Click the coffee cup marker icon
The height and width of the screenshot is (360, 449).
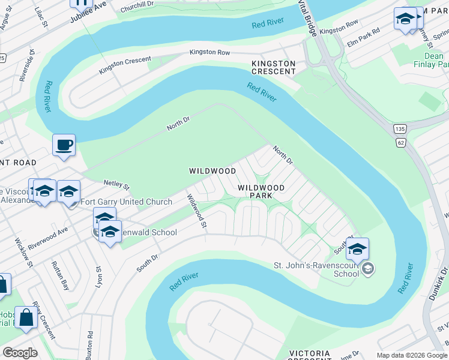pyautogui.click(x=64, y=145)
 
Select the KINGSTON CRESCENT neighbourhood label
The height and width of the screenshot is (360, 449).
pyautogui.click(x=274, y=67)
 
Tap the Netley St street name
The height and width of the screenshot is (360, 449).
pyautogui.click(x=116, y=183)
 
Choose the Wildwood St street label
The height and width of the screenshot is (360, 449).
pyautogui.click(x=196, y=211)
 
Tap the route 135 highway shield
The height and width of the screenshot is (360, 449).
pyautogui.click(x=400, y=129)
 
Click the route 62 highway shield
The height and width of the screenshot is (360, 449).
pyautogui.click(x=400, y=142)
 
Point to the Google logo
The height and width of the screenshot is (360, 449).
pyautogui.click(x=20, y=353)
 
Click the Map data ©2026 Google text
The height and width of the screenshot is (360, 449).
pyautogui.click(x=411, y=355)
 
